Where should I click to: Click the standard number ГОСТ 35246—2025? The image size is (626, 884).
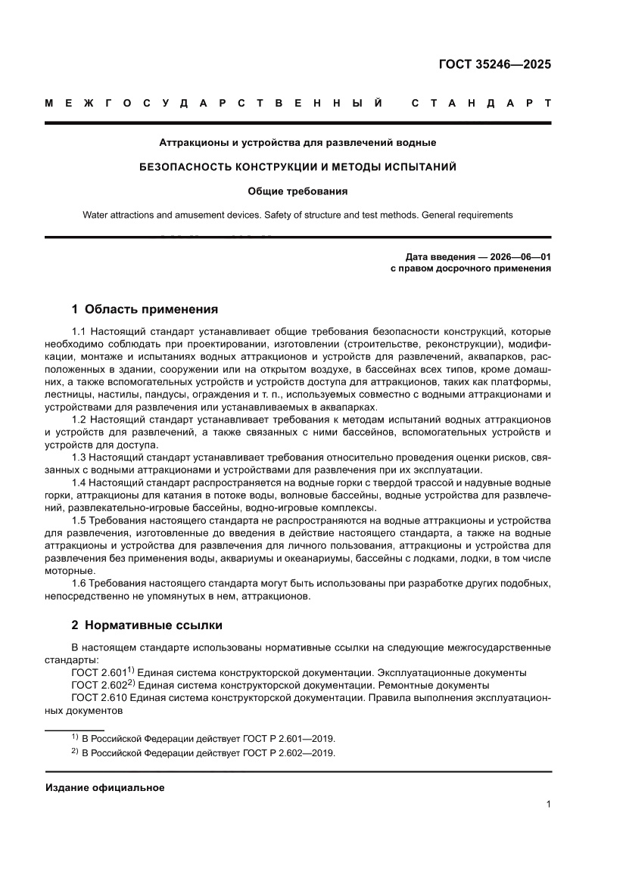tap(494, 64)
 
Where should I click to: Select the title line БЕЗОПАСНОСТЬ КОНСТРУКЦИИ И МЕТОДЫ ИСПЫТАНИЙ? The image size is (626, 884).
tap(297, 166)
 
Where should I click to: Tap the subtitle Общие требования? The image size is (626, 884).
tap(297, 191)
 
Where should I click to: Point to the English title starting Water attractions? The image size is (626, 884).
tap(297, 215)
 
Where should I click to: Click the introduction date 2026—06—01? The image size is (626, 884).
tap(521, 257)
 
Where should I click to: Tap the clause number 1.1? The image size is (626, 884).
tap(79, 331)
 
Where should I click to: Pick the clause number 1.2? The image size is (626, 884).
tap(79, 419)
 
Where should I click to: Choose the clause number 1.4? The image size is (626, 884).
tap(79, 482)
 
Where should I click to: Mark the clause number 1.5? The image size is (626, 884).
tap(79, 520)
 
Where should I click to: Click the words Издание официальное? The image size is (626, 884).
tap(104, 787)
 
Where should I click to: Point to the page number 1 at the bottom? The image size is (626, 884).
tap(547, 805)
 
